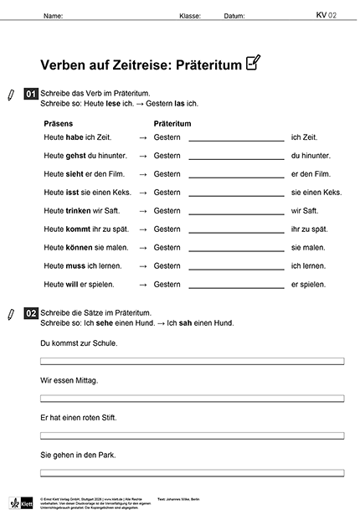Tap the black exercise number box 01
(x=31, y=95)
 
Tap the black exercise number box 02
(x=31, y=314)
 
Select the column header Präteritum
(x=172, y=123)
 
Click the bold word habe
(x=75, y=136)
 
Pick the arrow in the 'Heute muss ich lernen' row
(x=143, y=265)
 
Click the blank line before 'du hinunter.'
(x=236, y=157)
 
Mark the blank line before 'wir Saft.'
(x=236, y=213)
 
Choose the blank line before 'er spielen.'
(x=236, y=286)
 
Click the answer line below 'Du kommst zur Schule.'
(x=192, y=362)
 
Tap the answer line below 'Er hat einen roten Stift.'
(x=192, y=435)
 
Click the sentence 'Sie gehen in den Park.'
(x=78, y=455)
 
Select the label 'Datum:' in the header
(x=235, y=15)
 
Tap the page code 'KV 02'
(x=326, y=14)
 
